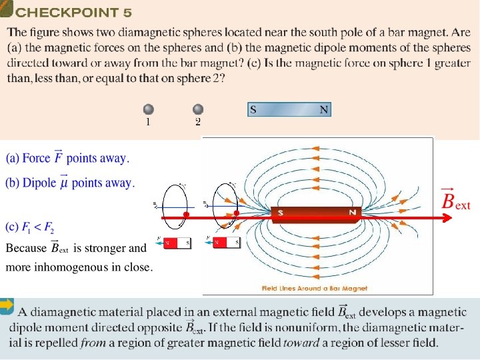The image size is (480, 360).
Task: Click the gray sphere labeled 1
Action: (149, 109)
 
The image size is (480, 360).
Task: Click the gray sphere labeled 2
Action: (198, 109)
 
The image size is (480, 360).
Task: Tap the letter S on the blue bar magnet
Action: (253, 110)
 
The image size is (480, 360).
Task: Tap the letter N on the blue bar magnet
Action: (324, 110)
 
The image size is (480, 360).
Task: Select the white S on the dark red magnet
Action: (281, 213)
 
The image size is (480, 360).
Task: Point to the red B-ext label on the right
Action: (456, 199)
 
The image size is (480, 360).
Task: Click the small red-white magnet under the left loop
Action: (177, 243)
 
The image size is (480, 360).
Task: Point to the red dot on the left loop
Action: (187, 215)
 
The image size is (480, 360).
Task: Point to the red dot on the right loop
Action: (235, 215)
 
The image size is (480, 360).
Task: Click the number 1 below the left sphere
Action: (148, 122)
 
